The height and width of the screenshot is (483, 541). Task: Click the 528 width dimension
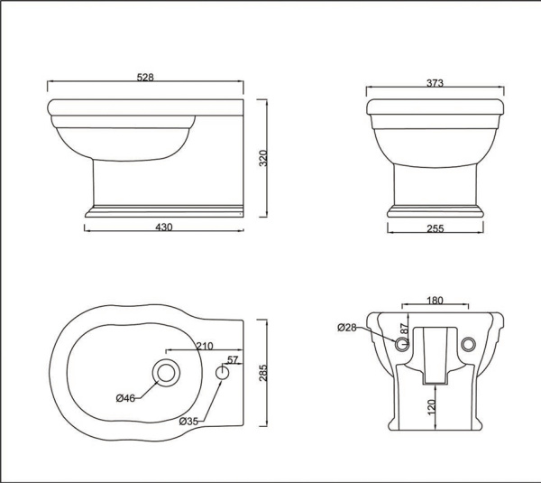point(146,78)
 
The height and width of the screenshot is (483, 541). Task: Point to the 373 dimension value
point(435,82)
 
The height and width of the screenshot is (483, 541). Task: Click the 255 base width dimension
point(435,229)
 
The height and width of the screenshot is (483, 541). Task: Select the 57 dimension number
point(233,360)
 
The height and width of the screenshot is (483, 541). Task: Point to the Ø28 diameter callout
point(347,327)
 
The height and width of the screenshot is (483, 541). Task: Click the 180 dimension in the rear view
point(435,301)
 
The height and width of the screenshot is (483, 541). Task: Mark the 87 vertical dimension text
point(405,330)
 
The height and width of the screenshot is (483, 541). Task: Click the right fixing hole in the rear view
point(467,345)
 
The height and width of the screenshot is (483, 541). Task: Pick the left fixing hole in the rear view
point(401,345)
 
